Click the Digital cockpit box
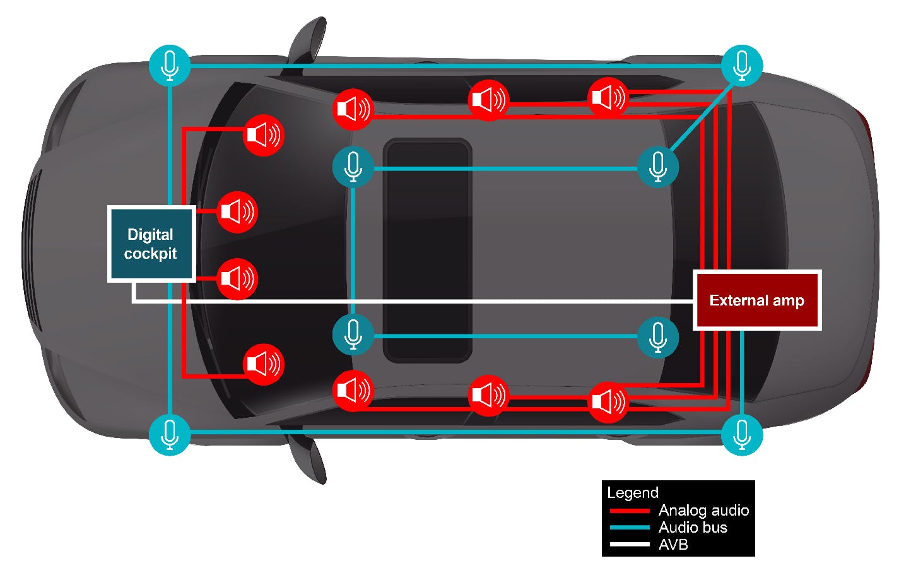[151, 244]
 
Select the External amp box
[756, 300]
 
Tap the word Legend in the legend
[632, 492]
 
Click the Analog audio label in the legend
[703, 510]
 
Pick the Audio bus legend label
[693, 527]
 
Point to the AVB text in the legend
[673, 544]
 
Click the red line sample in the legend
[629, 511]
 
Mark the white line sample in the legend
[629, 544]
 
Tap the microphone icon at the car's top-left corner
[169, 65]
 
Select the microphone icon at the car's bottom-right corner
[742, 434]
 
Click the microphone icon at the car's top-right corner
[742, 65]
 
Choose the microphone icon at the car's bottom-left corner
[169, 434]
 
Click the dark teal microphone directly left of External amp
[658, 336]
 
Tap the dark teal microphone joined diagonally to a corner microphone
[658, 167]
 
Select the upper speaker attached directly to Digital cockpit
[237, 212]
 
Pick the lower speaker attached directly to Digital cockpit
[237, 278]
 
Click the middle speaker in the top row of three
[488, 100]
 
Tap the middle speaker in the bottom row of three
[488, 395]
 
